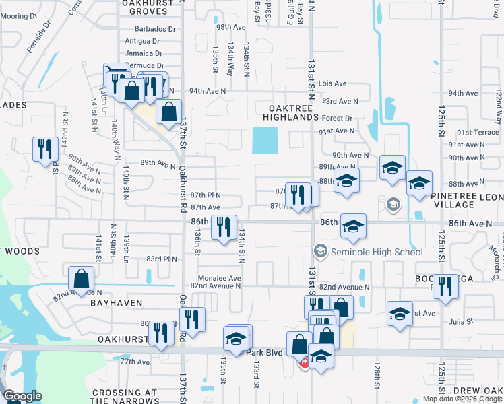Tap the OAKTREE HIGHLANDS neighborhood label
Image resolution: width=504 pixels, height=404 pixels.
[293, 112]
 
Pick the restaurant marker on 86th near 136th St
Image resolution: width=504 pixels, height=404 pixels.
[223, 227]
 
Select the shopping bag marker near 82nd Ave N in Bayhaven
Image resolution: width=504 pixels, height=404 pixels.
[81, 279]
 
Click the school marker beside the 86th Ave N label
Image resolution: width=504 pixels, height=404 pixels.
[352, 227]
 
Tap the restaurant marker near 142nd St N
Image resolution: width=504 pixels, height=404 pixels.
[44, 149]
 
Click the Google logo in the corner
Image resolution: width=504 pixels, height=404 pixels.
[22, 396]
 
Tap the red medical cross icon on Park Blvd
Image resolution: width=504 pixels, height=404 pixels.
[305, 363]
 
